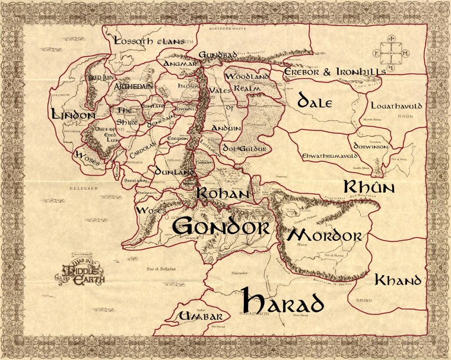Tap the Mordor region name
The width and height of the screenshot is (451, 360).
[324, 235]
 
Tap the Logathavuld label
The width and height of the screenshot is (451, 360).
[396, 106]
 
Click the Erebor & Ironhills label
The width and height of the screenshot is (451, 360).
[335, 71]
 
